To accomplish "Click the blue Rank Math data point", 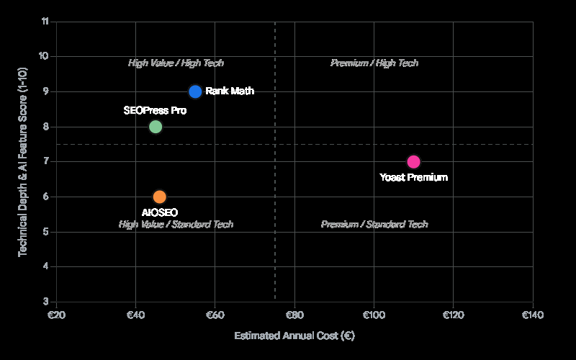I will pos(195,91).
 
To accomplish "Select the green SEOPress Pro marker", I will pos(156,127).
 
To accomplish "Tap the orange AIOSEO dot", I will pos(160,197).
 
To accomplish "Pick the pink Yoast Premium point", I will pos(413,162).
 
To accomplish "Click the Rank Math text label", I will pos(230,91).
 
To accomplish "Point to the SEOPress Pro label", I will pos(155,111).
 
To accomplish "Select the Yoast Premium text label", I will pos(414,177).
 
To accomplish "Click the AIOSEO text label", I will pos(160,212).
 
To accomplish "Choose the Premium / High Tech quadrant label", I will pos(374,63).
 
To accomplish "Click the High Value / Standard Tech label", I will pos(176,225).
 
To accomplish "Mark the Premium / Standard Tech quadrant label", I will pos(374,225).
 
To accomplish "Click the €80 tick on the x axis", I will pos(294,315).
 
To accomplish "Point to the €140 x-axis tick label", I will pos(533,315).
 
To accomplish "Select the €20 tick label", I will pos(56,315).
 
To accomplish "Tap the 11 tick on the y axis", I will pos(45,22).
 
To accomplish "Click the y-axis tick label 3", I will pos(46,302).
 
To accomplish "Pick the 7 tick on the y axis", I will pos(46,162).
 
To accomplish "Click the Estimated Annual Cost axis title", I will pos(294,336).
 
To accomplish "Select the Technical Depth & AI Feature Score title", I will pos(23,161).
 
